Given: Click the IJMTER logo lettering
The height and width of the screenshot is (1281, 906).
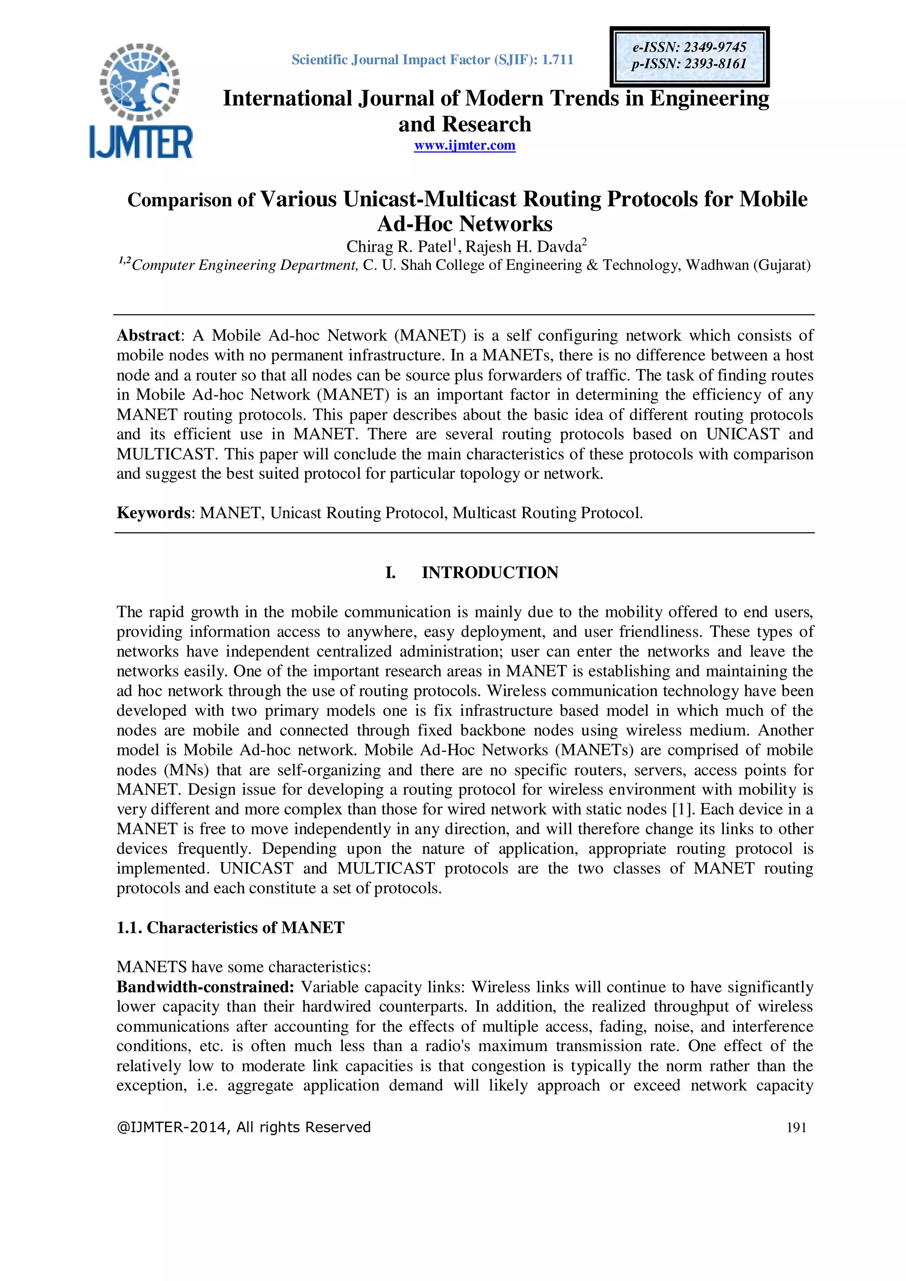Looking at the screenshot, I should click(x=141, y=142).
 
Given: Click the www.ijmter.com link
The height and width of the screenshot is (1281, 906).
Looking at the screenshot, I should click(x=464, y=146).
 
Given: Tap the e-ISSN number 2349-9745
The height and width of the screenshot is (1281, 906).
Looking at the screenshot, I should click(x=714, y=47).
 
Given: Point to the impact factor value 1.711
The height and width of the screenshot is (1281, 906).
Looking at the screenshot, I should click(x=557, y=60).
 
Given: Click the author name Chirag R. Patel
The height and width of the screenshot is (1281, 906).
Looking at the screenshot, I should click(x=399, y=247).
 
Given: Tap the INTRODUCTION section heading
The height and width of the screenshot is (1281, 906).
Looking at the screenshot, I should click(x=490, y=572).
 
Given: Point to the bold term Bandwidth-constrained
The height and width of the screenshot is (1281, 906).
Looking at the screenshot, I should click(x=205, y=987).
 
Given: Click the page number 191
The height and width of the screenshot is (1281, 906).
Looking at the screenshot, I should click(x=796, y=1128).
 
